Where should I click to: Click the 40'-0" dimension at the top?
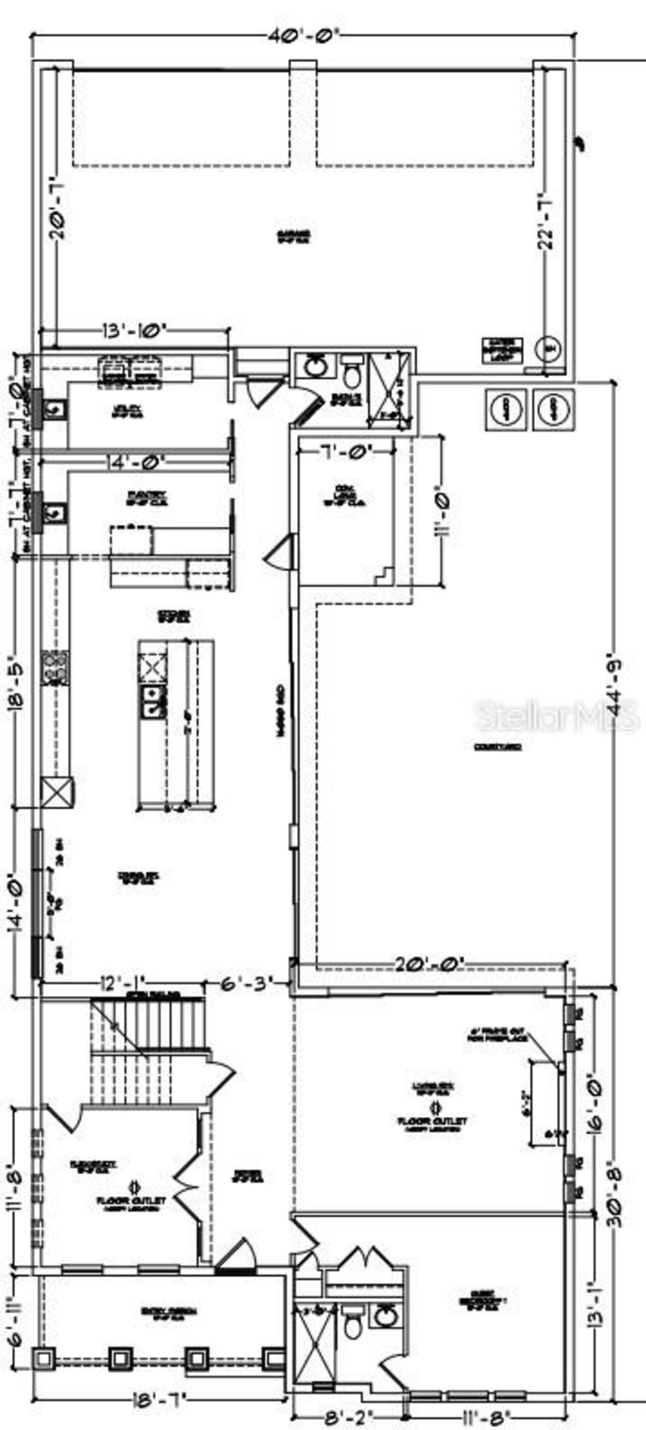click(303, 37)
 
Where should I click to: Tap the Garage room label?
click(294, 236)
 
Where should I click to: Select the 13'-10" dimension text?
click(135, 331)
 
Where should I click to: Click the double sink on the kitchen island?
click(154, 701)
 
